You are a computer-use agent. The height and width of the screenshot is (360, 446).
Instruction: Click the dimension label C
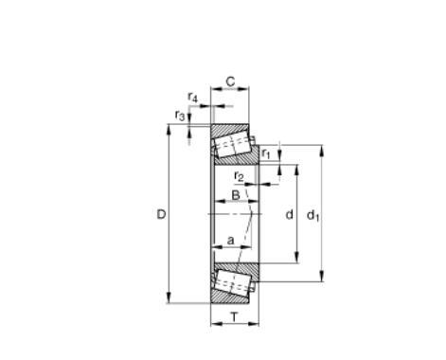[231, 81]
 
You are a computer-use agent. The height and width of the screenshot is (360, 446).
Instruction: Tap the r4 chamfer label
[192, 97]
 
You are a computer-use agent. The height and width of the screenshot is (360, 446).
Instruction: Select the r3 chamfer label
[180, 116]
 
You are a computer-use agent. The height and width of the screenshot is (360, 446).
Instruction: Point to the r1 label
[266, 153]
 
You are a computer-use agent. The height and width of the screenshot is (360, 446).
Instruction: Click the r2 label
[239, 176]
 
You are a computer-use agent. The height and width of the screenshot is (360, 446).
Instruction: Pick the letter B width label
[236, 195]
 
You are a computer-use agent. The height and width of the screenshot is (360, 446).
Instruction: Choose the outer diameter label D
[161, 215]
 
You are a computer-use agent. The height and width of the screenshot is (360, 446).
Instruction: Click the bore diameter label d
[289, 214]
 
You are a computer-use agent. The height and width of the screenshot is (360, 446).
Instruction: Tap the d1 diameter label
[313, 215]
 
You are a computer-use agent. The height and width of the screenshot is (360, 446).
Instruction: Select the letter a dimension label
[231, 241]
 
